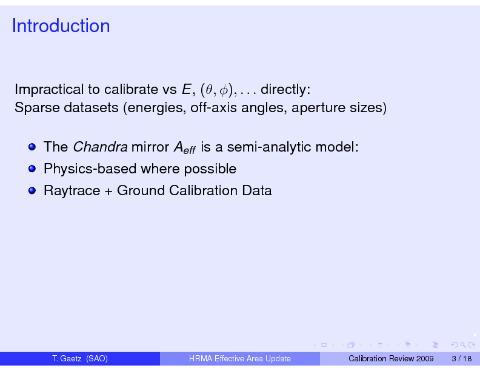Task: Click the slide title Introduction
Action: (61, 25)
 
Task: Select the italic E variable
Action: (187, 89)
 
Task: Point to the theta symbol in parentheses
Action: (208, 90)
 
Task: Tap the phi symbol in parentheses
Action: (224, 90)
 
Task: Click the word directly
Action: (285, 89)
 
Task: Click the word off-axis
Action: (213, 107)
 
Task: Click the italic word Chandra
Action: (100, 147)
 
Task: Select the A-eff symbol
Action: (185, 147)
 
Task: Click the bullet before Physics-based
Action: (32, 169)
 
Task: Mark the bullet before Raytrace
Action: (32, 191)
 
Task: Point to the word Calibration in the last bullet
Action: (203, 190)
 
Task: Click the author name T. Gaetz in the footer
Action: (67, 358)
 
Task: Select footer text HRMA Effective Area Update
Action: (239, 358)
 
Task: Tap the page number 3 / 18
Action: (462, 358)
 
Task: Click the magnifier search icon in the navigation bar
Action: (463, 345)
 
